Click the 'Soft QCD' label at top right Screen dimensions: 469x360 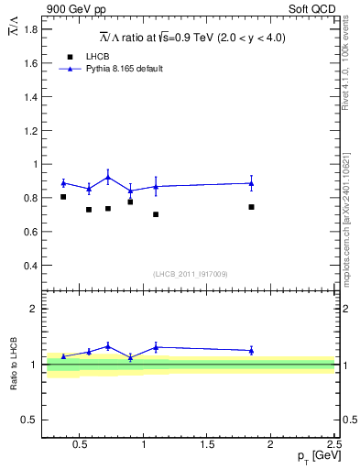coord(316,8)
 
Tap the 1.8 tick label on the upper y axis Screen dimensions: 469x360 coord(30,29)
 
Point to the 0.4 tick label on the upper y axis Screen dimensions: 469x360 coord(30,266)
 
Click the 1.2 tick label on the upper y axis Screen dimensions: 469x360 coord(30,130)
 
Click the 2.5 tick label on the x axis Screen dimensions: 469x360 coord(334,445)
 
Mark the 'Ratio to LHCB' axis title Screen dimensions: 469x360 coord(14,364)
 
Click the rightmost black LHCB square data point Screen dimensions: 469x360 coord(251,207)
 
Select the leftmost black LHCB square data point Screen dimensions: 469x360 coord(63,197)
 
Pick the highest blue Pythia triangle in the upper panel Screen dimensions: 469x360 coord(108,177)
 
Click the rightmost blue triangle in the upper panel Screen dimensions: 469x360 coord(251,183)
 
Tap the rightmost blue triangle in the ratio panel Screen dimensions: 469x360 coord(251,350)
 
